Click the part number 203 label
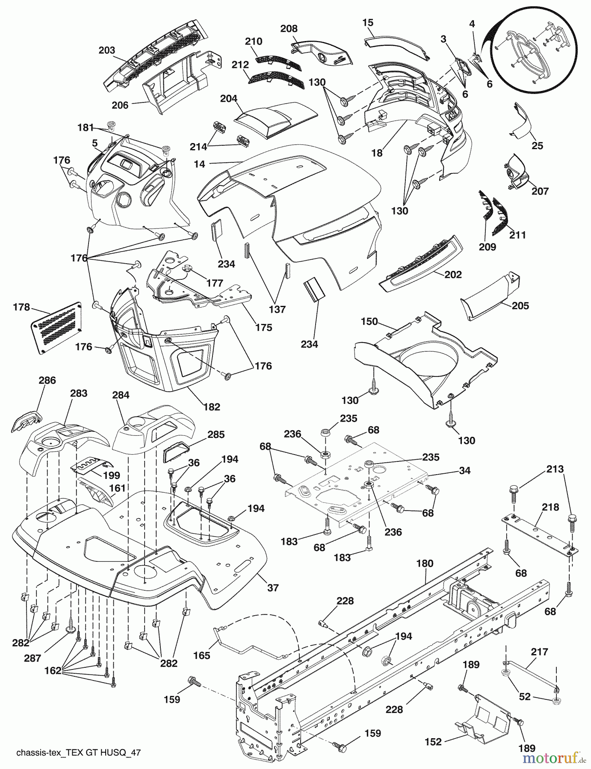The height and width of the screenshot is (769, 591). (x=107, y=50)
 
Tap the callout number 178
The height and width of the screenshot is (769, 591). (x=21, y=307)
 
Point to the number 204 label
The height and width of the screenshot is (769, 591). (x=229, y=98)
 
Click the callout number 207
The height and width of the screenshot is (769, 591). (x=540, y=191)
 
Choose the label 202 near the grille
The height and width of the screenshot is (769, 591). (x=453, y=274)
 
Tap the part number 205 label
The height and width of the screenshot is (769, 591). (x=520, y=305)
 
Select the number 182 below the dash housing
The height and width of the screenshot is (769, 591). (x=212, y=407)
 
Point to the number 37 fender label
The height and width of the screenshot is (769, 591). (x=273, y=588)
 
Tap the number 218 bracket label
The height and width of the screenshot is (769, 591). (x=550, y=507)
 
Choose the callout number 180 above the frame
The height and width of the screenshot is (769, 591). (x=425, y=564)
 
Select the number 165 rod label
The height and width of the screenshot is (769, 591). (x=202, y=655)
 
